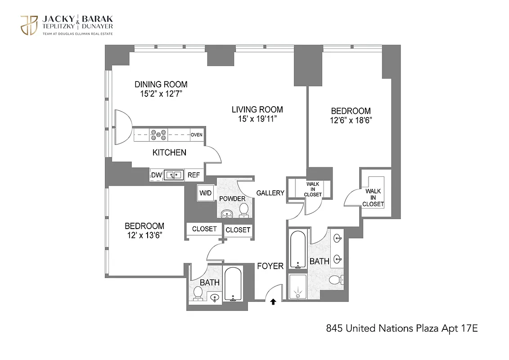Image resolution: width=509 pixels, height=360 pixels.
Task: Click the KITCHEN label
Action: tap(169, 153)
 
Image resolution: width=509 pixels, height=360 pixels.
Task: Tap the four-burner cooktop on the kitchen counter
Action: tap(159, 134)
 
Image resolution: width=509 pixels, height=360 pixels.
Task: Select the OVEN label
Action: tap(196, 135)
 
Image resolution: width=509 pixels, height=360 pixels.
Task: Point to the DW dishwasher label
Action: tap(156, 175)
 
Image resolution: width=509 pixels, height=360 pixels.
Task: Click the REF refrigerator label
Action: tap(194, 175)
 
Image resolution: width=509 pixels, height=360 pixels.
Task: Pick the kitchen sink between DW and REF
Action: tap(173, 175)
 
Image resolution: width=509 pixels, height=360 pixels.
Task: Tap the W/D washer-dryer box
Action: tap(205, 193)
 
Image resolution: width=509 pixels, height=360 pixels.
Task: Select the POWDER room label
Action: tap(232, 199)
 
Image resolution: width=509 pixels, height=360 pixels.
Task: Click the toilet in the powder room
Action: tap(243, 209)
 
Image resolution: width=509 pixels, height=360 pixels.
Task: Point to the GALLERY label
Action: tap(270, 193)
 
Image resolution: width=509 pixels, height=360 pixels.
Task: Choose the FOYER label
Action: tap(270, 266)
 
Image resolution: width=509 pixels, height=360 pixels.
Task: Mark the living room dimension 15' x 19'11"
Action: tap(257, 119)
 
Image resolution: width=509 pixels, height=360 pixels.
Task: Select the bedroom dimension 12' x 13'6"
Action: tap(144, 235)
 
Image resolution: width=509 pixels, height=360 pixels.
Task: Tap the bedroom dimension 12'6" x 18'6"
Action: tap(351, 120)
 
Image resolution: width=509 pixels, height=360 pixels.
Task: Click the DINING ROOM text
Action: tap(161, 84)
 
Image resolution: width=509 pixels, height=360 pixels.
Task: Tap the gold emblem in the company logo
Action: tap(29, 25)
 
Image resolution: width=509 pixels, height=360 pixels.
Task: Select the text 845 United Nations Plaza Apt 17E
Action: tap(401, 328)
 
